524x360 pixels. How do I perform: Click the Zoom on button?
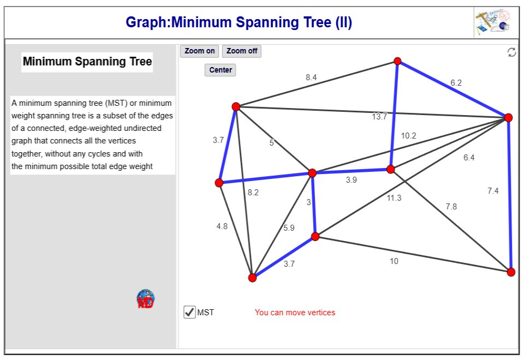pos(199,51)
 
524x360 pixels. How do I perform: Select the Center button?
pos(220,70)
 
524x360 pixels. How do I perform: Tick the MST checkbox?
pos(189,313)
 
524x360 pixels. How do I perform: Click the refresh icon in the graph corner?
pos(511,52)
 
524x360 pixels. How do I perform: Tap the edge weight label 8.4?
pos(311,77)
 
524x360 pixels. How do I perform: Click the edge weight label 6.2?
pos(456,83)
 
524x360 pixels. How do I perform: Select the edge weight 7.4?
pos(493,190)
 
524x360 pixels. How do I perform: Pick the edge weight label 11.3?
pos(394,198)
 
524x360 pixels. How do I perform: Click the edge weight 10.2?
pos(408,136)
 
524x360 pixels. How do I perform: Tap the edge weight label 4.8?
pos(222,226)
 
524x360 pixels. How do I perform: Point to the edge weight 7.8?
pos(451,206)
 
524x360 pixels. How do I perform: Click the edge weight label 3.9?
pos(352,180)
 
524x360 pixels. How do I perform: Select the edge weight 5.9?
pos(289,228)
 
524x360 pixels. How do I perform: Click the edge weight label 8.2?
pos(253,192)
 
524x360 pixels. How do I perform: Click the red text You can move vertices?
pos(295,313)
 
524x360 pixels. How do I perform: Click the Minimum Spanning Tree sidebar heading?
pos(87,62)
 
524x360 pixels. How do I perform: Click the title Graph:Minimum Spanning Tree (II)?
pos(239,23)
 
